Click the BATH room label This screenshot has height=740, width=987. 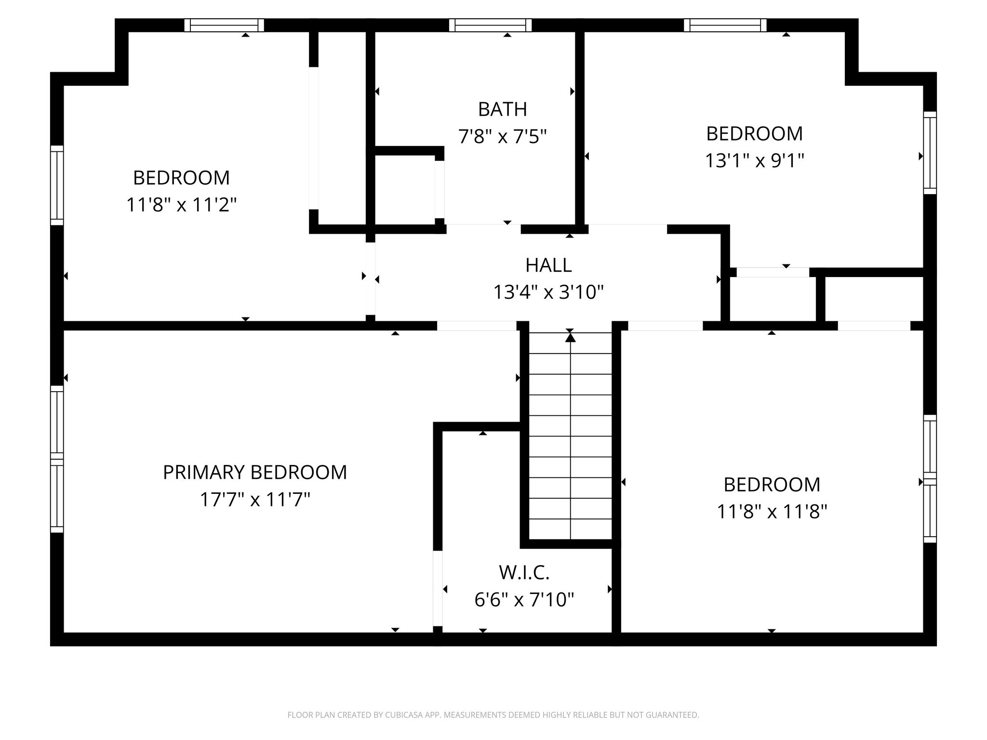(x=502, y=109)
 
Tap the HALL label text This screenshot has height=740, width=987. (x=548, y=265)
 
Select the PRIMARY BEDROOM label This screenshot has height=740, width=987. (x=255, y=472)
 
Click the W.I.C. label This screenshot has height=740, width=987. (x=524, y=573)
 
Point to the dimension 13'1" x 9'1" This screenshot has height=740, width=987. (x=755, y=160)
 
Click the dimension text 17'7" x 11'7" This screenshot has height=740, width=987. (x=255, y=500)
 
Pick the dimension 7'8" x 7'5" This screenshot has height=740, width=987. (x=503, y=137)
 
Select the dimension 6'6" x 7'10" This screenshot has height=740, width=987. (x=524, y=600)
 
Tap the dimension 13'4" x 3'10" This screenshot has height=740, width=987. (x=548, y=292)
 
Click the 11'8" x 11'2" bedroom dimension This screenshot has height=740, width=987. (x=182, y=205)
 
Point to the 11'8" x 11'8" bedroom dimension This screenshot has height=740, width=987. (x=772, y=512)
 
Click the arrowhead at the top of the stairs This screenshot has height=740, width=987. (x=571, y=337)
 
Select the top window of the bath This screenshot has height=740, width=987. (x=491, y=25)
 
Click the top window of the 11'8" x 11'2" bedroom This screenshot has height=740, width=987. (x=224, y=25)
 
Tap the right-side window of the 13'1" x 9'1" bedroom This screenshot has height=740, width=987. (x=930, y=153)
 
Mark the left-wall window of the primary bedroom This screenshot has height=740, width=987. (x=57, y=459)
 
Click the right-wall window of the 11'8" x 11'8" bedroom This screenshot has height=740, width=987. (x=930, y=478)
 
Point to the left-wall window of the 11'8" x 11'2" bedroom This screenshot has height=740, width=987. (x=57, y=185)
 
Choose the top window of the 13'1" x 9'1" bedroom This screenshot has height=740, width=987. (x=725, y=25)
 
